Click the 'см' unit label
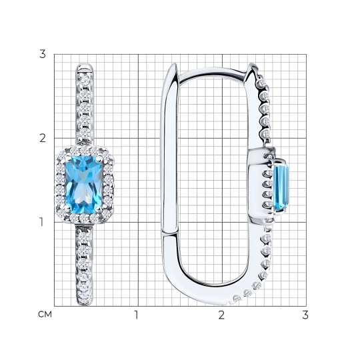[45, 314]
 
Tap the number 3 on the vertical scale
[43, 54]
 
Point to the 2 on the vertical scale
[43, 138]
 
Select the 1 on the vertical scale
[41, 222]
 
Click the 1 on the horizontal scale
[137, 315]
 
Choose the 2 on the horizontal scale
[221, 315]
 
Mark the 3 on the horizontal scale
[305, 315]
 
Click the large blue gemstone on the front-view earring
[84, 185]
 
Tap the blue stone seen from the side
[281, 187]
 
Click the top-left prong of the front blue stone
[68, 159]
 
